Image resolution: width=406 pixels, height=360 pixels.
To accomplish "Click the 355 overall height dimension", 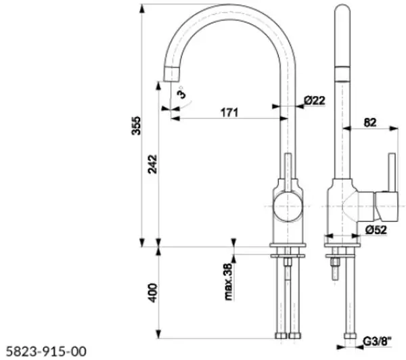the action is click(x=136, y=126).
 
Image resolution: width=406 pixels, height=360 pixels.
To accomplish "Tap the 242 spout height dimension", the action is click(x=152, y=164).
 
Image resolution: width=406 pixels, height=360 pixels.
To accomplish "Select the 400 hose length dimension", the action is click(x=153, y=293).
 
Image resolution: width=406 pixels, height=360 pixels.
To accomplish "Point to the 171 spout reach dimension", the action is click(x=229, y=112).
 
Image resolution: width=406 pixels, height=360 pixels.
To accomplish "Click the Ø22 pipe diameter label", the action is click(x=315, y=100).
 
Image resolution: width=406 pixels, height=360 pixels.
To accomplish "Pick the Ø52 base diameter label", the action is click(x=376, y=229).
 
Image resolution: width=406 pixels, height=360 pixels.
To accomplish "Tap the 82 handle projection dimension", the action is click(x=370, y=122).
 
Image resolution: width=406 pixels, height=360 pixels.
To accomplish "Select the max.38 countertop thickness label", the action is click(x=229, y=282).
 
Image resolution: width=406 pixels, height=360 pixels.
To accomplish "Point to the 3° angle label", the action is click(x=182, y=93).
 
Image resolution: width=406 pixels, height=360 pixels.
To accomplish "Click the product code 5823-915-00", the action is click(x=46, y=352).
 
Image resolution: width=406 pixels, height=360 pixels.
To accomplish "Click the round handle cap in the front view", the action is click(x=288, y=206).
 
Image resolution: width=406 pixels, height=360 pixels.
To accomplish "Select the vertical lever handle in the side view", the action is click(x=392, y=173).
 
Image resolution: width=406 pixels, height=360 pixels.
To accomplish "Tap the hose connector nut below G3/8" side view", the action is click(x=350, y=336).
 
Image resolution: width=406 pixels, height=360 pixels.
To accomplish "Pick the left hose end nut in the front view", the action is click(x=281, y=336).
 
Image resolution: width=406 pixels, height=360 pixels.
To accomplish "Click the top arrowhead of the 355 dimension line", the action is click(x=141, y=9).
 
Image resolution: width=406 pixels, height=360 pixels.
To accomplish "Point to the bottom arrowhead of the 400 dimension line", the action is click(x=159, y=334).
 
